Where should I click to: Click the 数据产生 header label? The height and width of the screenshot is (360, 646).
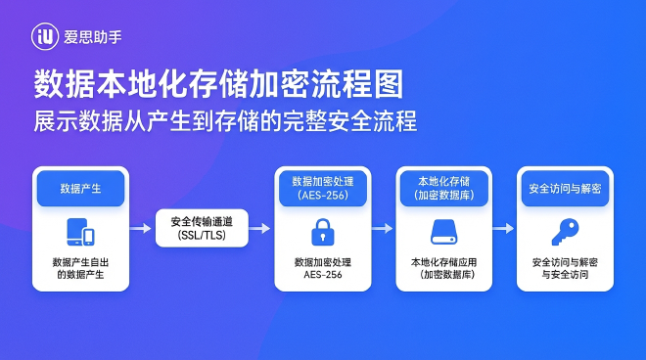click(x=80, y=187)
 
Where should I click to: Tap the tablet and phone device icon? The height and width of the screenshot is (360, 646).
click(x=80, y=233)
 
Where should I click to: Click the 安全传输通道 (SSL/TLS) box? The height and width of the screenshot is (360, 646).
click(x=202, y=227)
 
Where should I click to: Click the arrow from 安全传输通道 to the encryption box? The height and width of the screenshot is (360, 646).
click(x=261, y=227)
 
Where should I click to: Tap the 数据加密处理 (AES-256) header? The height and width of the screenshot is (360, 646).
click(x=322, y=187)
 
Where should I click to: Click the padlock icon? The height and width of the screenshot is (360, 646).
click(x=322, y=233)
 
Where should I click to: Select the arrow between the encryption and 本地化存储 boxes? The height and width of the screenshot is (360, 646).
click(x=383, y=227)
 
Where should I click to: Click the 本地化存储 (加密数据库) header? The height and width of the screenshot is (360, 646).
click(x=443, y=187)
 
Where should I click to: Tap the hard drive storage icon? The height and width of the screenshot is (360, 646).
click(x=443, y=233)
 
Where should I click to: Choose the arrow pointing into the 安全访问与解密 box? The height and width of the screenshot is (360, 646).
click(x=504, y=227)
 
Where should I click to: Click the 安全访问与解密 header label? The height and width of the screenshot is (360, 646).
click(x=565, y=187)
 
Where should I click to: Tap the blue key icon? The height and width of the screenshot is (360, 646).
click(x=565, y=233)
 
